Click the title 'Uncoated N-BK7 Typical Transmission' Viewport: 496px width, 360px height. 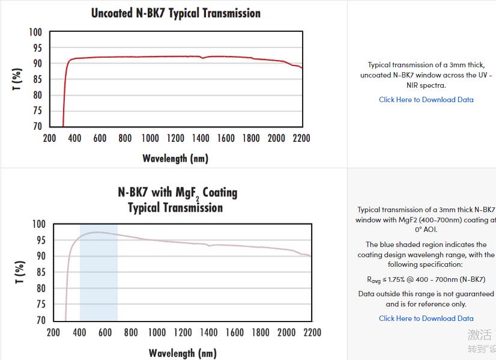click(x=175, y=13)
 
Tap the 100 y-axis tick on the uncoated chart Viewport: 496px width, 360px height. click(x=36, y=32)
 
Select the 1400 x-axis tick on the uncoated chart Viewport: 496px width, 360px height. click(x=201, y=138)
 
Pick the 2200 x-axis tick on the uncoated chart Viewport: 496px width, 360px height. click(x=301, y=138)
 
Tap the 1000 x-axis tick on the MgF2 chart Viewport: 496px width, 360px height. click(x=157, y=332)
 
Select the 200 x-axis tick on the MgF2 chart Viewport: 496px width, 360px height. click(x=53, y=332)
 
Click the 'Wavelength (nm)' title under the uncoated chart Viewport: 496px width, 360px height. click(x=175, y=159)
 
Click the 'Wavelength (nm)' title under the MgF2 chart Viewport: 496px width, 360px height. click(x=183, y=353)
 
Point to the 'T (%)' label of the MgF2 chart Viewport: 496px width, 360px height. click(x=20, y=272)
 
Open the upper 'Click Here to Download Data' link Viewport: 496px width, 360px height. click(x=426, y=100)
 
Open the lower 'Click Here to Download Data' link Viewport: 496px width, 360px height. click(x=426, y=319)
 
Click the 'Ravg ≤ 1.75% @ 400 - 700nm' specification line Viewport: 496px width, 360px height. click(x=426, y=279)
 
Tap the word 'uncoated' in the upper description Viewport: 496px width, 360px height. click(x=375, y=75)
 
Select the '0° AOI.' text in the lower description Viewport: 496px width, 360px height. click(x=426, y=229)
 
